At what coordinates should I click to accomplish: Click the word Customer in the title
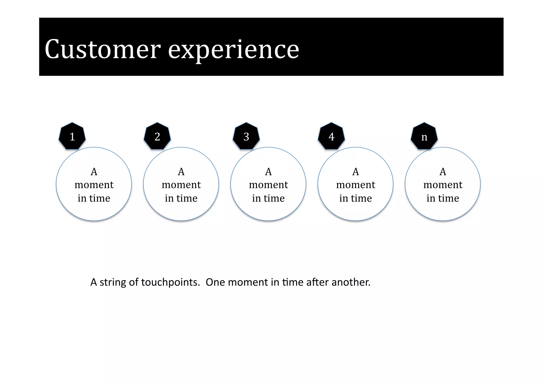point(103,49)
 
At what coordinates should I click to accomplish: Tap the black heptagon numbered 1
point(72,136)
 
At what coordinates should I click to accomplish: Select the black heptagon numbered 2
point(157,136)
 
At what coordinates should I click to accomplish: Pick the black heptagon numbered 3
point(246,136)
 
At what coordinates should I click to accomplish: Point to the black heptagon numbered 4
point(331,136)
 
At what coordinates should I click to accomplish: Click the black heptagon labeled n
point(424,136)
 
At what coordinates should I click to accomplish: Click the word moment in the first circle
point(94,185)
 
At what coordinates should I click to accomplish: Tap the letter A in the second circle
point(181,172)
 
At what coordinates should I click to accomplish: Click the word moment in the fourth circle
point(356,185)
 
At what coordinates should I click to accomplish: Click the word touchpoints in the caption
point(170,282)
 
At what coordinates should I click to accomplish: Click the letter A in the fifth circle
point(443,172)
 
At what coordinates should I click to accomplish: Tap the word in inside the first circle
point(82,198)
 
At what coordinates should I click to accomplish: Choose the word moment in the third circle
point(268,185)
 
